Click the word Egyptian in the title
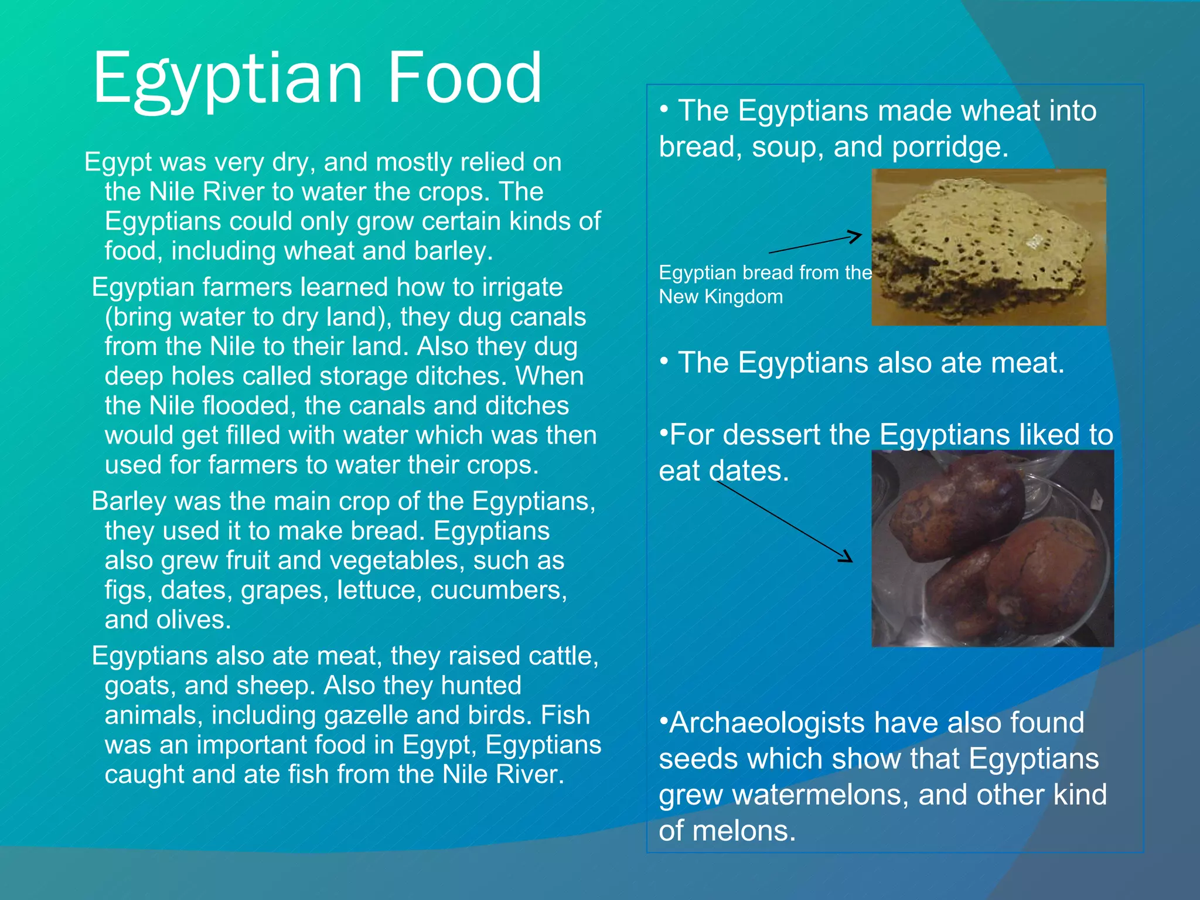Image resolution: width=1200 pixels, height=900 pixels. point(229,79)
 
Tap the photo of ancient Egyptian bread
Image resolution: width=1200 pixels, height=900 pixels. point(988,247)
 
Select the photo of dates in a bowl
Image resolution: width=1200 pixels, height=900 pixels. point(993,548)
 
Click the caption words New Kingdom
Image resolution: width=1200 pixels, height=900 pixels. point(721,296)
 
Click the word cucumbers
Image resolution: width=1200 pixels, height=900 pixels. point(499,590)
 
